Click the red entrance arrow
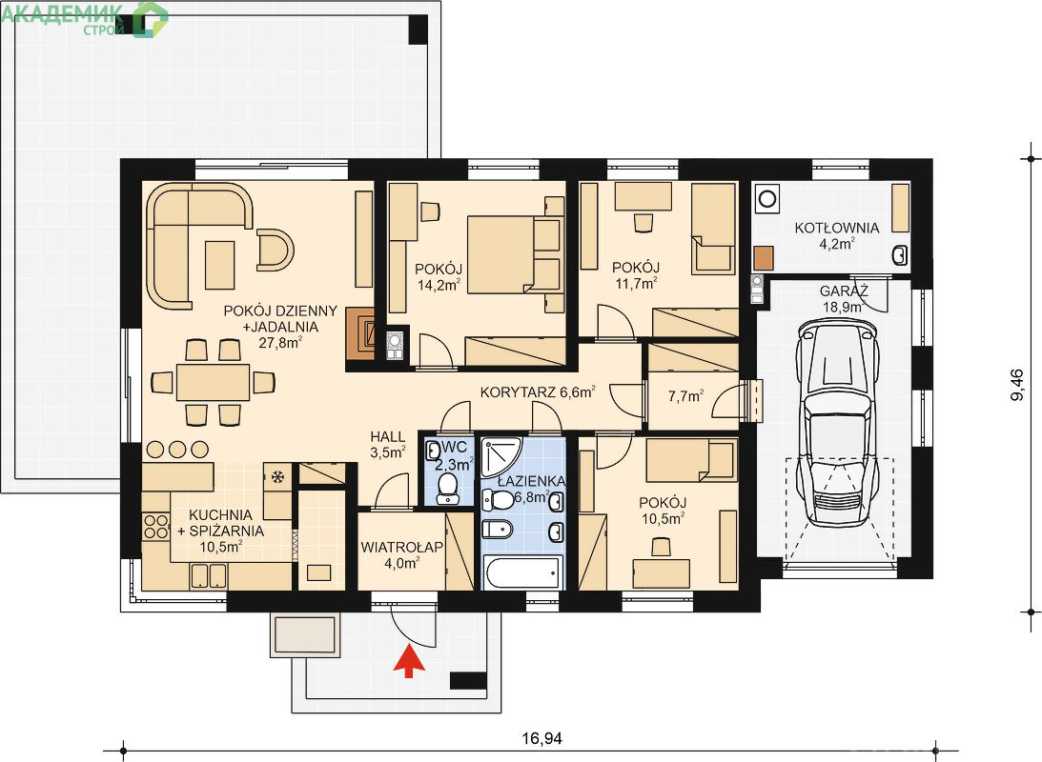(409, 662)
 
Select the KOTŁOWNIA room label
(837, 228)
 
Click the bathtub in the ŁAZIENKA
(523, 571)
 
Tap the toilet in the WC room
(447, 488)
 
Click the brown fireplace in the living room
(364, 334)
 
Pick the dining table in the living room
(213, 382)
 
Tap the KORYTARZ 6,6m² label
(538, 392)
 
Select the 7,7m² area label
(685, 396)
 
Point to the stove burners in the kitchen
(156, 527)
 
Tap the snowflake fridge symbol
(277, 475)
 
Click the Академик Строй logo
(85, 18)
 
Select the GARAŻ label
(844, 291)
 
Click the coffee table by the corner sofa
(220, 264)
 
